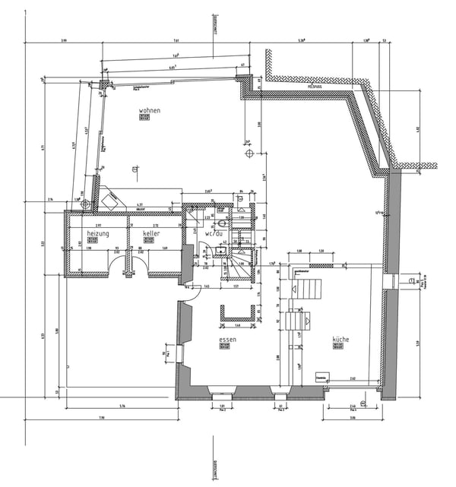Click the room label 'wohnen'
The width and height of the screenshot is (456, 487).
[x=149, y=111]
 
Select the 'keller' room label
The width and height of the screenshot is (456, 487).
[x=151, y=233]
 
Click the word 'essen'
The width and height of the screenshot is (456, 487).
[x=226, y=339]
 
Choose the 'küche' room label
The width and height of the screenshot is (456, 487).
[x=340, y=339]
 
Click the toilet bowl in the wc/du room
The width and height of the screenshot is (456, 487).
[x=221, y=224]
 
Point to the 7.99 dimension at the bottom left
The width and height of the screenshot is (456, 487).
[x=100, y=419]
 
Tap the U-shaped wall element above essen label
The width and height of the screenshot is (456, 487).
[x=236, y=313]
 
